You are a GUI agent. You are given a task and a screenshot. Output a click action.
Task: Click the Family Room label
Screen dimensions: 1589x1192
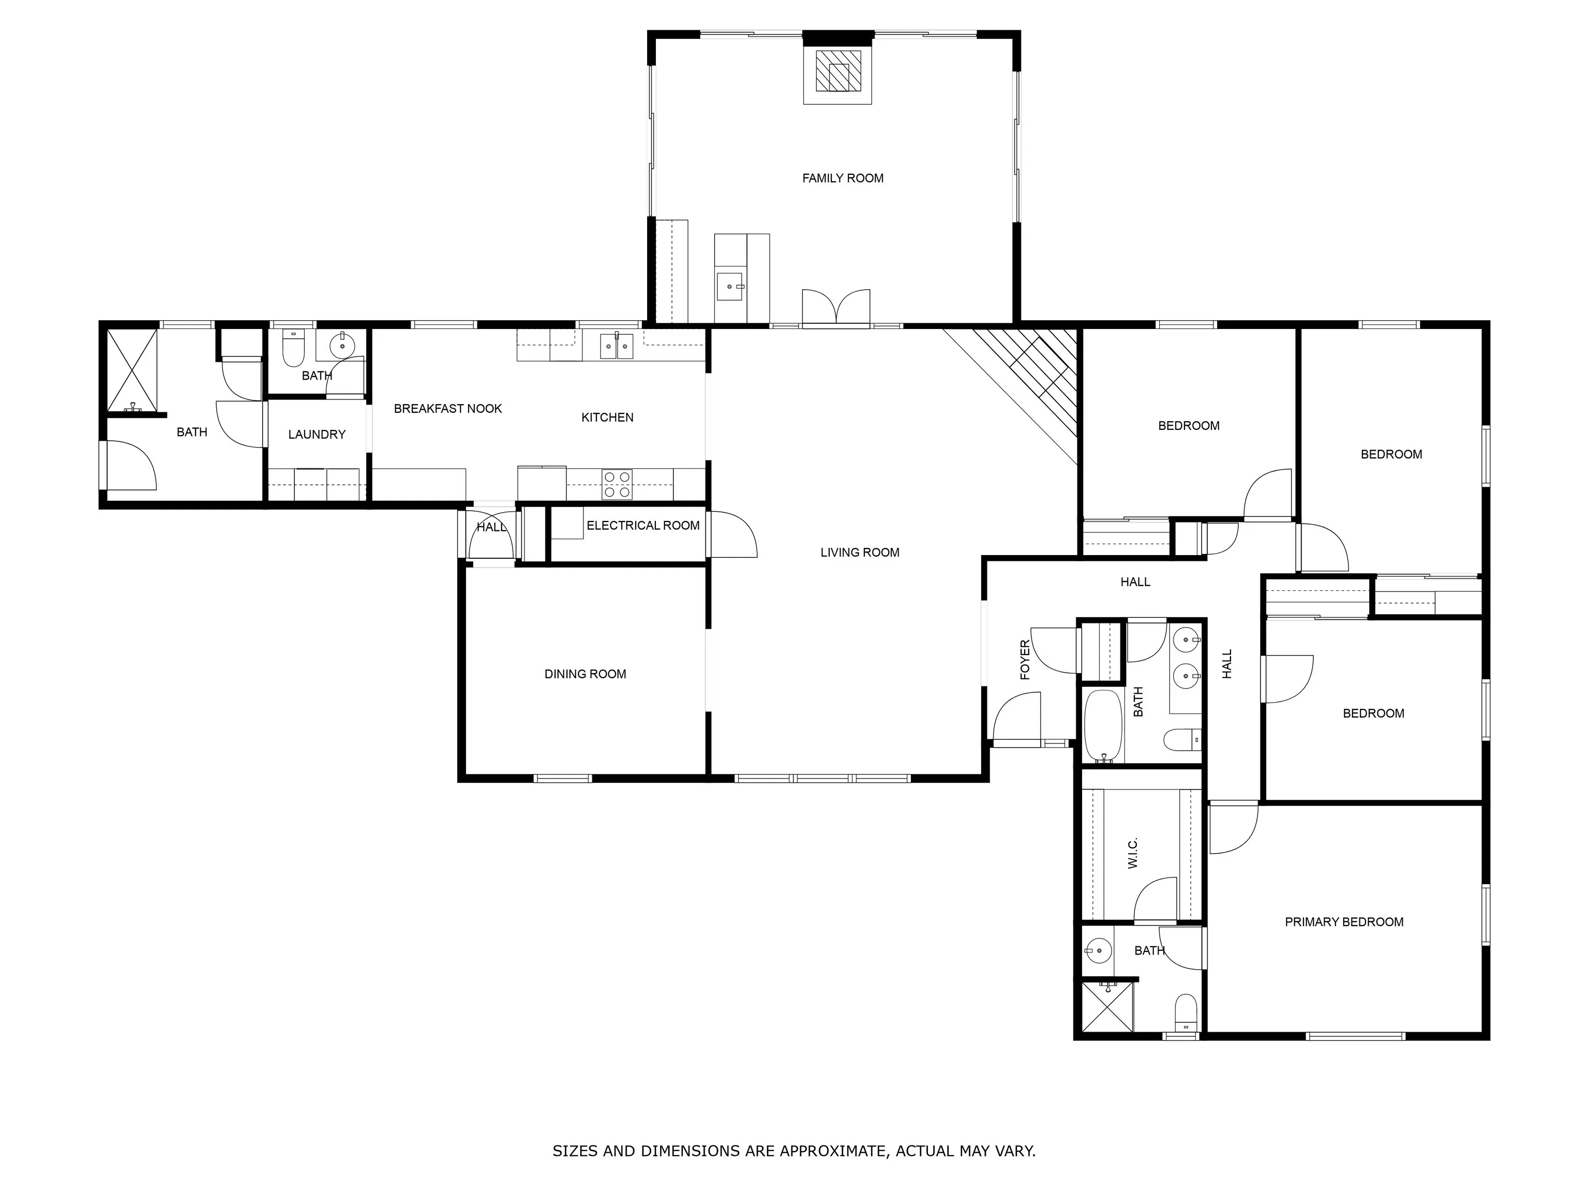click(x=843, y=178)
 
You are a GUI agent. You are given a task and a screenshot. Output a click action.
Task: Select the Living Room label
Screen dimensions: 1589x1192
click(x=860, y=553)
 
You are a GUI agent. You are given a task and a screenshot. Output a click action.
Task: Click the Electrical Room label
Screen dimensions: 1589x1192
click(x=643, y=525)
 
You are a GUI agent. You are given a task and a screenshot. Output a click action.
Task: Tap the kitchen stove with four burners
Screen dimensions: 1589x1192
click(x=617, y=484)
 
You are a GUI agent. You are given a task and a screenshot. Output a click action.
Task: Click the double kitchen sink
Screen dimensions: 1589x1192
click(x=617, y=346)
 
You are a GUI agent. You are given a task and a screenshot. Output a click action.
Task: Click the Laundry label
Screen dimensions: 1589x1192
click(x=317, y=435)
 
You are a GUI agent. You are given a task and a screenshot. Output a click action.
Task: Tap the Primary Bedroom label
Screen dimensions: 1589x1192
click(x=1344, y=922)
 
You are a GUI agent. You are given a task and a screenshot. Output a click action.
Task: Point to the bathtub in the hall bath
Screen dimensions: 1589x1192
click(x=1103, y=726)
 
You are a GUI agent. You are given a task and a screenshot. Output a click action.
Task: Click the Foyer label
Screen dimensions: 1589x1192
click(x=1025, y=660)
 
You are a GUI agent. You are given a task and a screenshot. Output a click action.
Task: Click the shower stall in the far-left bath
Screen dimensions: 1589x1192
click(x=131, y=371)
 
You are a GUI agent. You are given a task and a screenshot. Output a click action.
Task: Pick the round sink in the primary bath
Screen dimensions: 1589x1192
click(x=1098, y=950)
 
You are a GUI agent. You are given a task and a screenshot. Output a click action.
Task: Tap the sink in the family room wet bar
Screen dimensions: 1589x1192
click(x=730, y=287)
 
